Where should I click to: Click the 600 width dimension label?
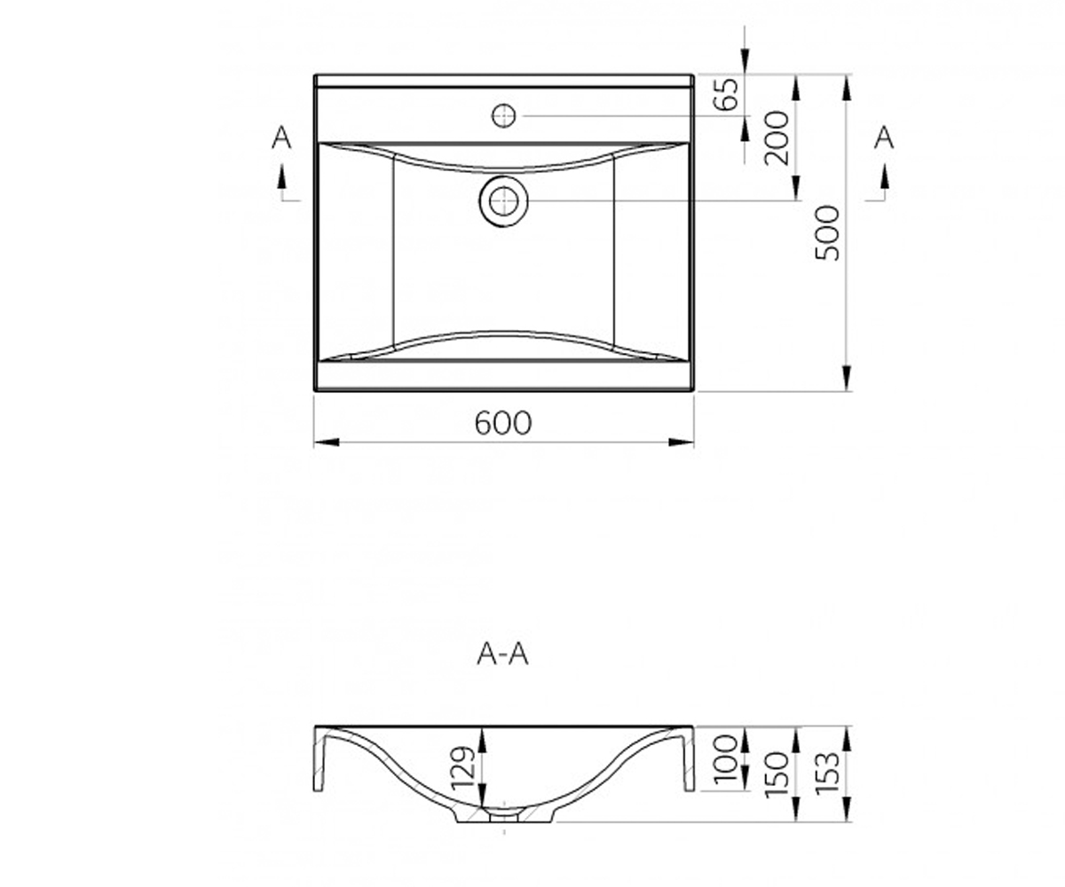[503, 422]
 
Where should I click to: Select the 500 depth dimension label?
[827, 233]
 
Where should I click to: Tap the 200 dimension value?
[777, 138]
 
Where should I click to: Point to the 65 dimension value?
[726, 94]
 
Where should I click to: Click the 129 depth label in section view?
[464, 769]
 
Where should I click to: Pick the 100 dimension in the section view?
[726, 759]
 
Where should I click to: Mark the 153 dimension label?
[827, 773]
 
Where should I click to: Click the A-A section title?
[502, 654]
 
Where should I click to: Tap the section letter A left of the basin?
[281, 137]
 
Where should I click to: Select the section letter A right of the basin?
[883, 137]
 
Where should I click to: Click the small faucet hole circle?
[503, 116]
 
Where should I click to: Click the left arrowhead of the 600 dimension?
[327, 443]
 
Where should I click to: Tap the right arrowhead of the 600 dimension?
[682, 443]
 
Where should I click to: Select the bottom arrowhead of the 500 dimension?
[847, 379]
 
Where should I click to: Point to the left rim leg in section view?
[319, 759]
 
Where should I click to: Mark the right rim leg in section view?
[688, 759]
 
